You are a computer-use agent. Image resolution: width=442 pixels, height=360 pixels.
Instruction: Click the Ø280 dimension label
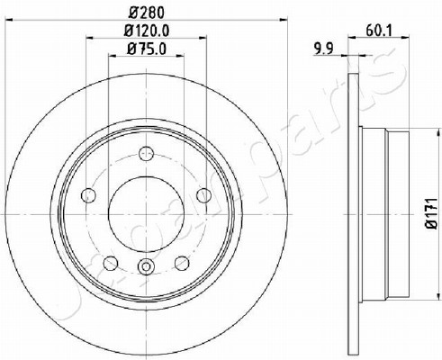(147, 13)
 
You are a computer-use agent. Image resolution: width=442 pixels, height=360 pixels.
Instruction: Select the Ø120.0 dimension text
(147, 31)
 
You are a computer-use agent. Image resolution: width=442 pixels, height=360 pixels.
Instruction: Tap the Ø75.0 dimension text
(147, 49)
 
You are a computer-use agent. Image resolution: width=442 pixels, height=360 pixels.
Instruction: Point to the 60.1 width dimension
(379, 31)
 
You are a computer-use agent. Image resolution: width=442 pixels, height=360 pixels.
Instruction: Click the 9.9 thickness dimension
(323, 49)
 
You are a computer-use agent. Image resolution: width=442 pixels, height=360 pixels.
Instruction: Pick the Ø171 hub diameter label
(432, 213)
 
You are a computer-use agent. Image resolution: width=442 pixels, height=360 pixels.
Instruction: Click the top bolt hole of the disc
(146, 154)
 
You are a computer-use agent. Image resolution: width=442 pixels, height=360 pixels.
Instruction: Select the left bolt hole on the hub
(88, 195)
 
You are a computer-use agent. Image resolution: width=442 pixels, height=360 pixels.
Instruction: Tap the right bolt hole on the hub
(203, 195)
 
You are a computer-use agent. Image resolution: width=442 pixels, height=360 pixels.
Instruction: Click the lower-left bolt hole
(111, 263)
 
